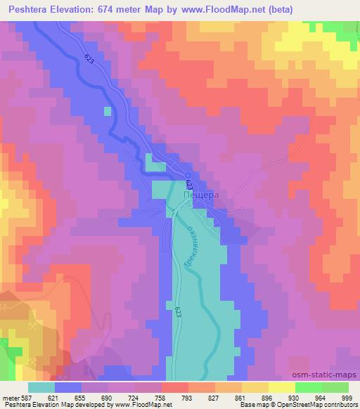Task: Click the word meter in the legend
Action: click(11, 397)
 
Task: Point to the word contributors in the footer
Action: click(340, 405)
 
